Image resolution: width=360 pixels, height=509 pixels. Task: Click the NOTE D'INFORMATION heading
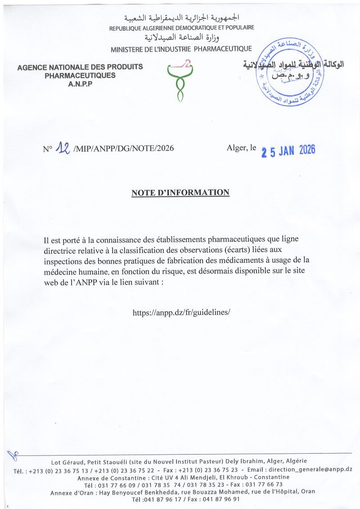(x=180, y=193)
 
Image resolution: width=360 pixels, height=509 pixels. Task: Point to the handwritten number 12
(x=62, y=148)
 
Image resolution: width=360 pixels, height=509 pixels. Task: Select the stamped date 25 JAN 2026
(x=288, y=151)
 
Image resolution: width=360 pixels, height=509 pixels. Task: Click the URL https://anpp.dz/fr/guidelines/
(x=182, y=311)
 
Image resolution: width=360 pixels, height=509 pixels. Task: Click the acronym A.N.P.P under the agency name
(x=80, y=84)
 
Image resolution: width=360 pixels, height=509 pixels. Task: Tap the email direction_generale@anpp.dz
(x=310, y=469)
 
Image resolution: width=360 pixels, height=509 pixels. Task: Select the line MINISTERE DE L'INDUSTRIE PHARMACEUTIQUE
(x=181, y=49)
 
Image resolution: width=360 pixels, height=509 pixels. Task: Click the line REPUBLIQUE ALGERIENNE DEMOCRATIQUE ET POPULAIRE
(x=182, y=28)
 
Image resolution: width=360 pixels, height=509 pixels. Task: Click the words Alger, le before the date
(x=242, y=148)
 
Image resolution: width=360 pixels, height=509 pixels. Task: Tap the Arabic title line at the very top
(x=182, y=18)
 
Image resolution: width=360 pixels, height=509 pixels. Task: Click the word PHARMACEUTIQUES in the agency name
(x=80, y=76)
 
